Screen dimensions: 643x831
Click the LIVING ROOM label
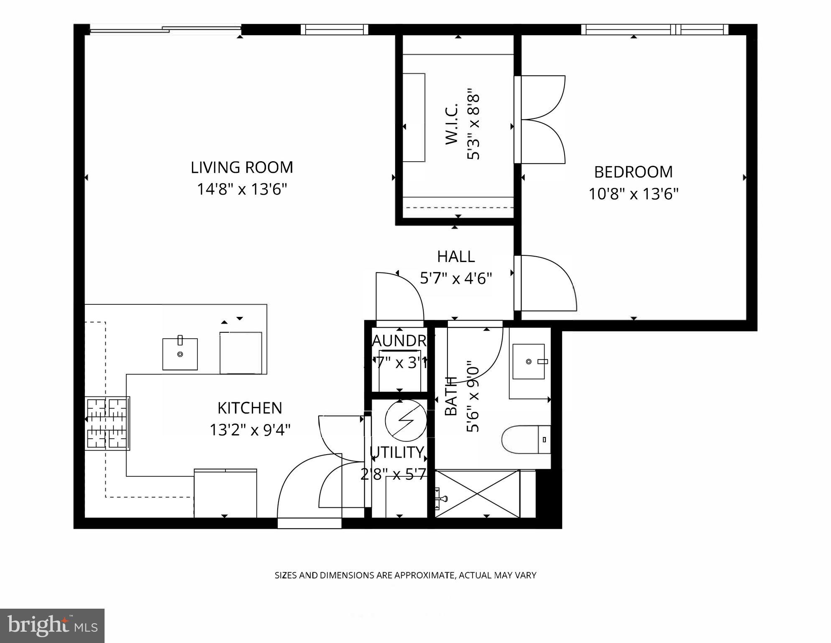click(x=242, y=167)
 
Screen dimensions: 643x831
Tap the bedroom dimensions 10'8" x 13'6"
click(x=633, y=194)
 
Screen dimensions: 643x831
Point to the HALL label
click(x=456, y=257)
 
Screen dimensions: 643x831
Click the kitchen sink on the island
click(x=180, y=354)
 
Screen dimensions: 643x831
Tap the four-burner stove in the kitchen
click(x=107, y=423)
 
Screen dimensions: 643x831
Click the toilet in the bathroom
click(x=524, y=440)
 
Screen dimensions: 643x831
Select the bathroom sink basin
click(x=529, y=361)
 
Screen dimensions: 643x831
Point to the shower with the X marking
click(x=477, y=494)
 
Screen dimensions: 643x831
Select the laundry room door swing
click(x=399, y=296)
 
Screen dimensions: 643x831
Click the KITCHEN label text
click(x=250, y=408)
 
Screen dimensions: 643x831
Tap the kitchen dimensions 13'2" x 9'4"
click(x=250, y=430)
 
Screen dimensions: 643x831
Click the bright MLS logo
click(x=52, y=625)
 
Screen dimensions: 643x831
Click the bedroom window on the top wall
click(x=655, y=29)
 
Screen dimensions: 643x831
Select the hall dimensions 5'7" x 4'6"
click(x=456, y=278)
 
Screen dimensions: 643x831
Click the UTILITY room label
click(x=397, y=453)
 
